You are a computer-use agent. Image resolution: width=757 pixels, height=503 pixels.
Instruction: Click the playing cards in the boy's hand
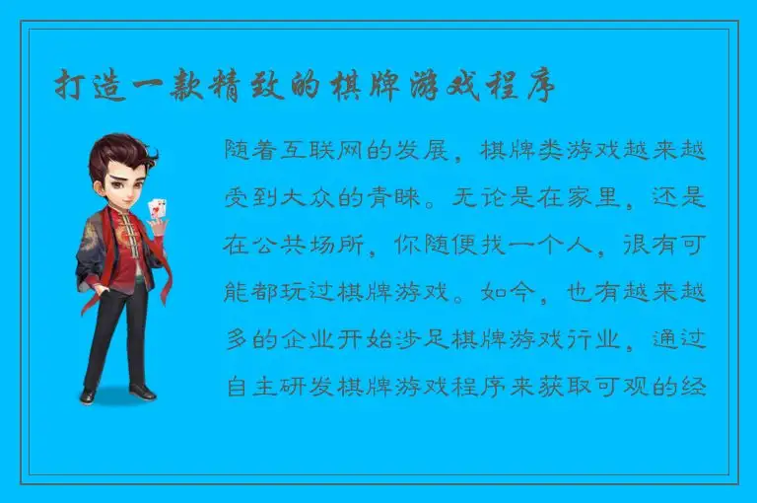click(155, 210)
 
